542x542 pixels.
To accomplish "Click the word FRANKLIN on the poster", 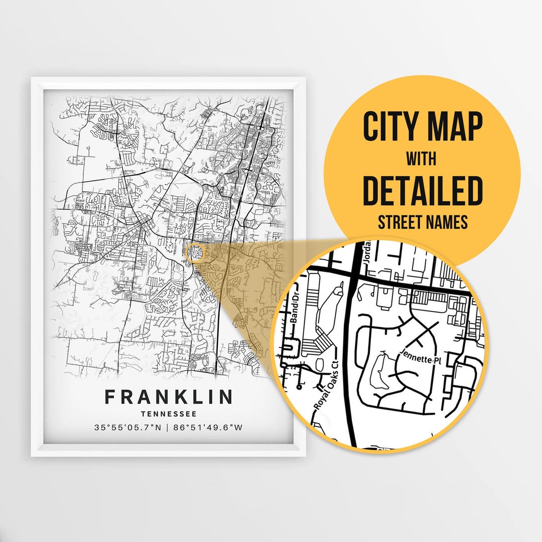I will click(x=169, y=397).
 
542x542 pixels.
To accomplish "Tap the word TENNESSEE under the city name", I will click(x=169, y=414).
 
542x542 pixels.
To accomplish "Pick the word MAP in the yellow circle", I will click(x=455, y=127).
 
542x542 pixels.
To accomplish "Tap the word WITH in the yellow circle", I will click(x=422, y=160).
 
